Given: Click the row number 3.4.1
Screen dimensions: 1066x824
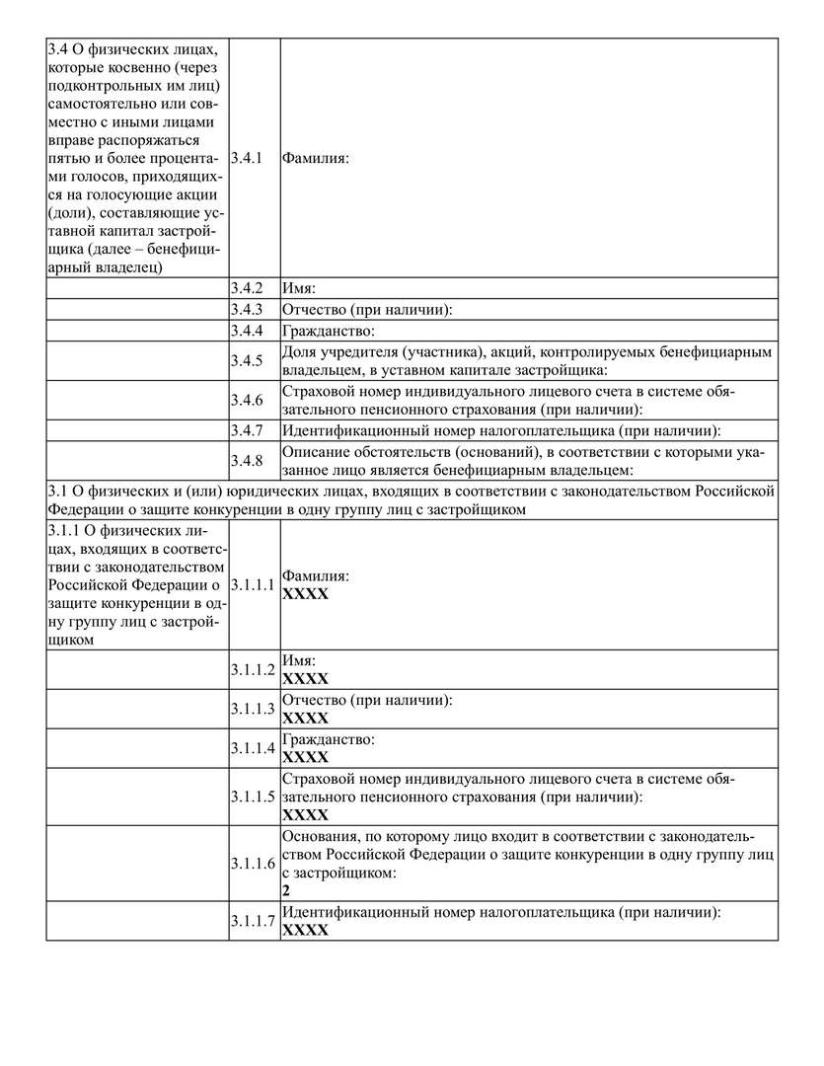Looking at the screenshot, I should [246, 158].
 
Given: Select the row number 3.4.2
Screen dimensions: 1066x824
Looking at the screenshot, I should [246, 289].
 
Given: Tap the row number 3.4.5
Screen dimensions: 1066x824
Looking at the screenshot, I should [246, 361].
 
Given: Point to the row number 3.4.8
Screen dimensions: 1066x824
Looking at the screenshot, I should [246, 461].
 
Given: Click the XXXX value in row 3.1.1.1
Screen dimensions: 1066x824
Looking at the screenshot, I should [305, 594].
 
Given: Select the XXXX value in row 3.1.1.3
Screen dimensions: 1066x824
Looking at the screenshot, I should [305, 718].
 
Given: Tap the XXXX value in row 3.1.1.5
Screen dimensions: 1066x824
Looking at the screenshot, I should [305, 815].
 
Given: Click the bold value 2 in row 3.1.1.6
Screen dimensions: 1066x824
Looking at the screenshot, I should [286, 889].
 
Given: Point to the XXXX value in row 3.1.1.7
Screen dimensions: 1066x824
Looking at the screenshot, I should [305, 931].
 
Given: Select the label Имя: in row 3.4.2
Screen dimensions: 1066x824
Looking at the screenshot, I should [298, 289].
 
